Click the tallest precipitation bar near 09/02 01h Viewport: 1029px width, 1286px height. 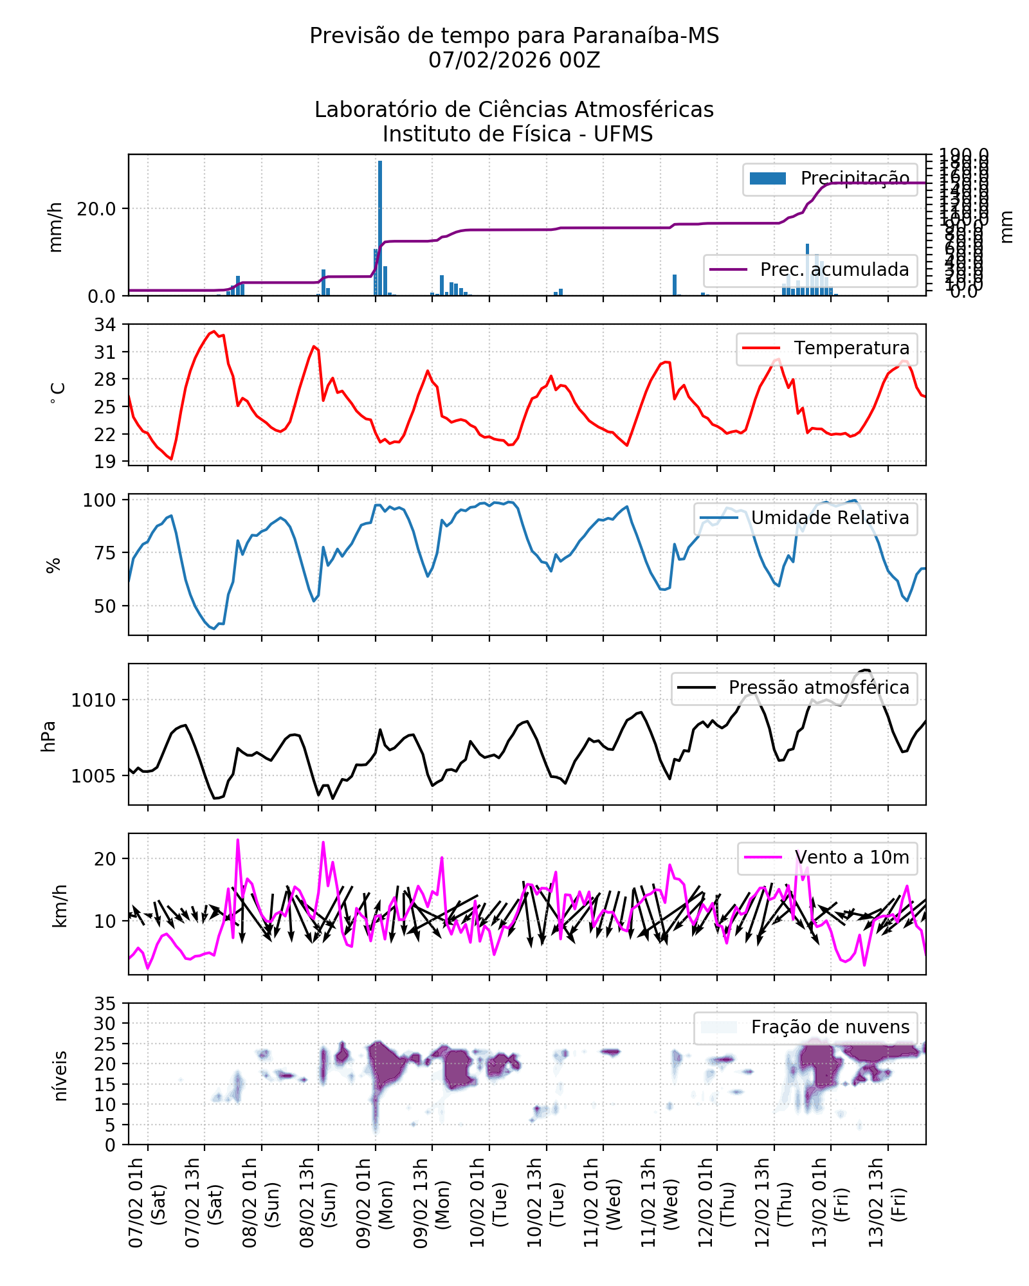[x=380, y=228]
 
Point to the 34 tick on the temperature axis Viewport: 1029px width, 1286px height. [x=105, y=325]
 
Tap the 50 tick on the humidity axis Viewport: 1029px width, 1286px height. [x=105, y=606]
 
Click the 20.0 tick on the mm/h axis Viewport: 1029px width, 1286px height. [x=96, y=209]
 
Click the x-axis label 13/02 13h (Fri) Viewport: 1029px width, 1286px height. [x=887, y=1202]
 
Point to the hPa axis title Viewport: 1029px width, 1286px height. [x=49, y=736]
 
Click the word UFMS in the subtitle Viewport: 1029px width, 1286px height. [x=623, y=134]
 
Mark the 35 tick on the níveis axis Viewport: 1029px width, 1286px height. [x=105, y=1004]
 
